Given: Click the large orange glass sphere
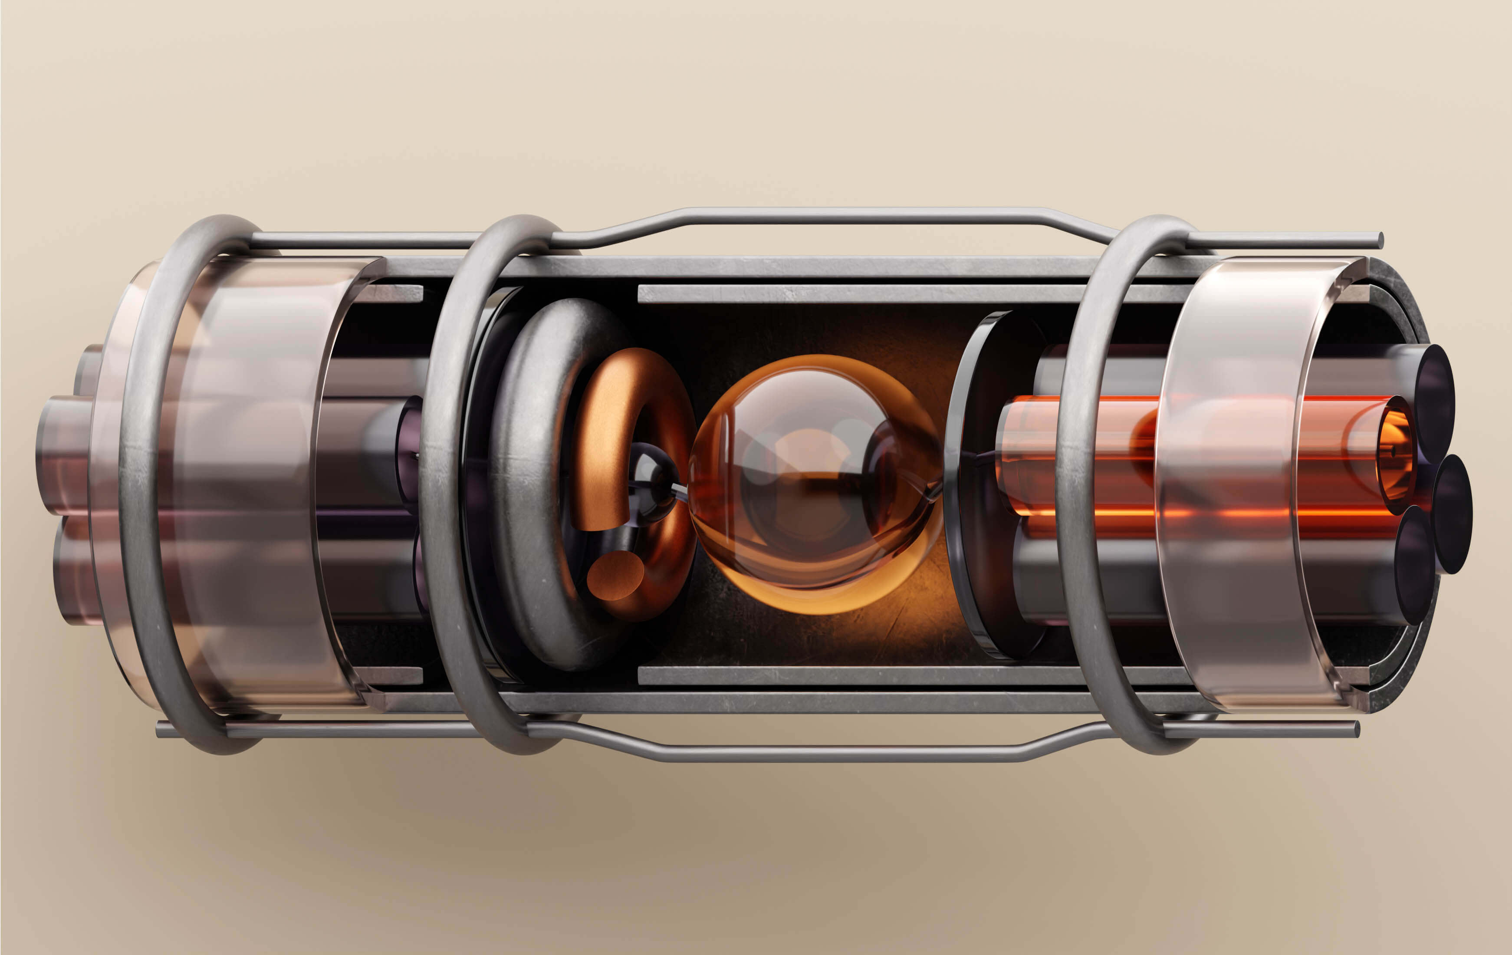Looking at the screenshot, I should pos(816,484).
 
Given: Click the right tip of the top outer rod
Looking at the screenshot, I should pos(1379,240).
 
